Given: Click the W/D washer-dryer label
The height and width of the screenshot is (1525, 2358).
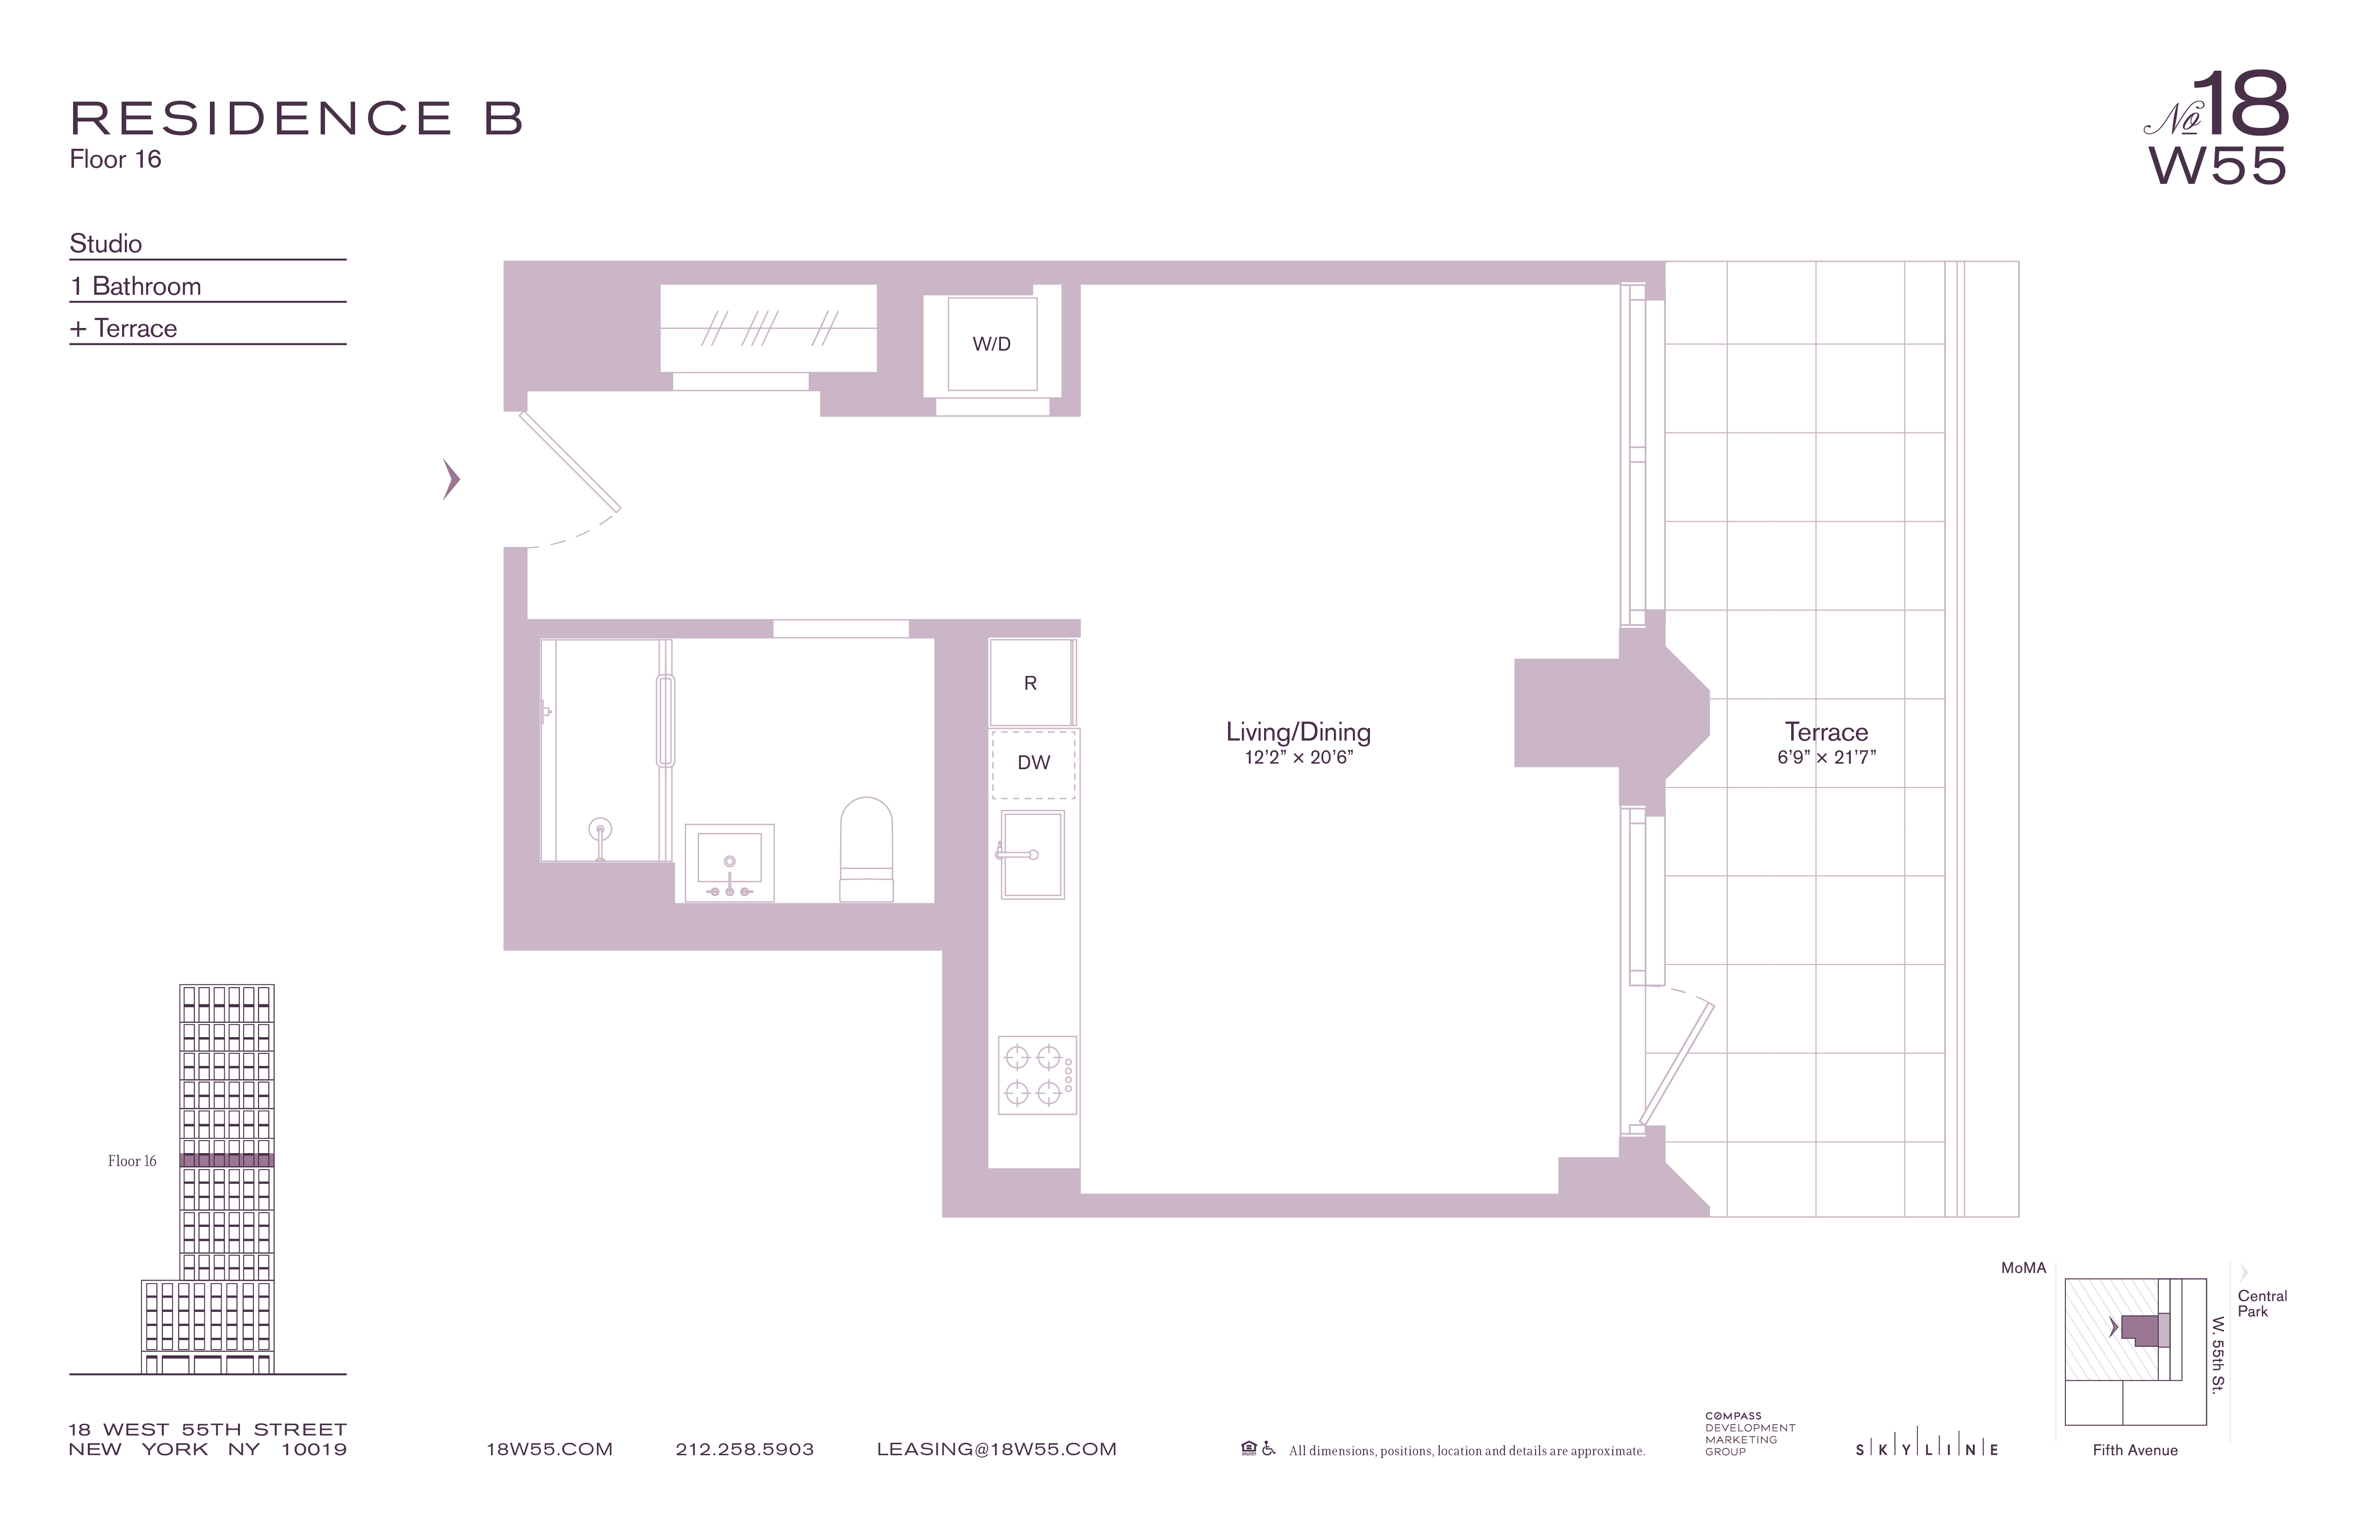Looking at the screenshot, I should coord(992,345).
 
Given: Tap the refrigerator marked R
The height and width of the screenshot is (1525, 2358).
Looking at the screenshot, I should coord(1031,683).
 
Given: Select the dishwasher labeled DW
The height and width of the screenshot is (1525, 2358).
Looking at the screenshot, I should coord(1033,762).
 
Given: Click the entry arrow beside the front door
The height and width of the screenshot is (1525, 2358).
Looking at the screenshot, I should coord(452,479).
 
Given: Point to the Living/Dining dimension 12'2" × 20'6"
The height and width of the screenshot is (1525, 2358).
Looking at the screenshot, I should coord(1298,758).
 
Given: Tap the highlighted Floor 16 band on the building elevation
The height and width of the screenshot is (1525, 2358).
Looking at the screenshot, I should coord(227,1160).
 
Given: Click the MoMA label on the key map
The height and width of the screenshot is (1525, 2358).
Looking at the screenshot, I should coord(2023,1268).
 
